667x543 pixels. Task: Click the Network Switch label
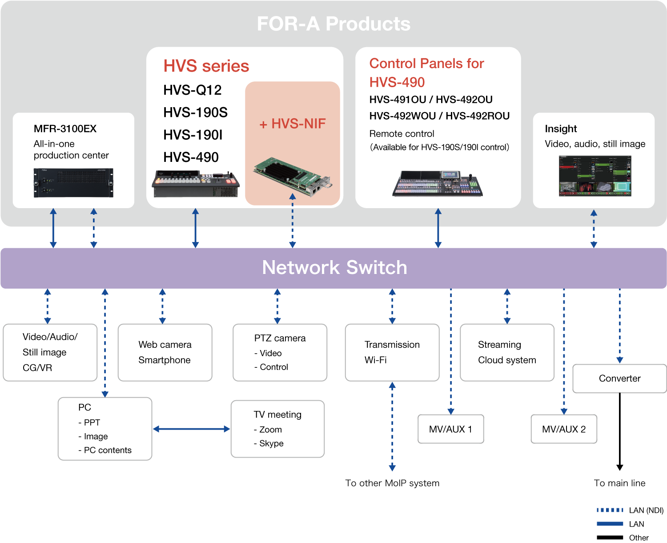point(334,268)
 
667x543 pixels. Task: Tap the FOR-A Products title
point(333,24)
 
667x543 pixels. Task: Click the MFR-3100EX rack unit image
point(74,182)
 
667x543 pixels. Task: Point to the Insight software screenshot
point(595,176)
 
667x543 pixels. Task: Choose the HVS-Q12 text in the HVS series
point(193,90)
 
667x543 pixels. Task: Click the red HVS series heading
point(206,66)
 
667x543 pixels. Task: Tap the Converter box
point(619,378)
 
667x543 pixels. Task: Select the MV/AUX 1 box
point(450,429)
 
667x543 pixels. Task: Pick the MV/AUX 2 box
point(564,429)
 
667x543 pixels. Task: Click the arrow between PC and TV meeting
point(192,429)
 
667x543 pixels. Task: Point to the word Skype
point(271,443)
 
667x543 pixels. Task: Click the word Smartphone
point(165,360)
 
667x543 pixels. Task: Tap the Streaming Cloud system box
point(507,352)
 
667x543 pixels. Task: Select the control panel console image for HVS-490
point(438,183)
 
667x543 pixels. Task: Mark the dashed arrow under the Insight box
point(594,229)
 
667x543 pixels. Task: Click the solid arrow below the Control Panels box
point(438,228)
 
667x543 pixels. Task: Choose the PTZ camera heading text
point(280,338)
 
